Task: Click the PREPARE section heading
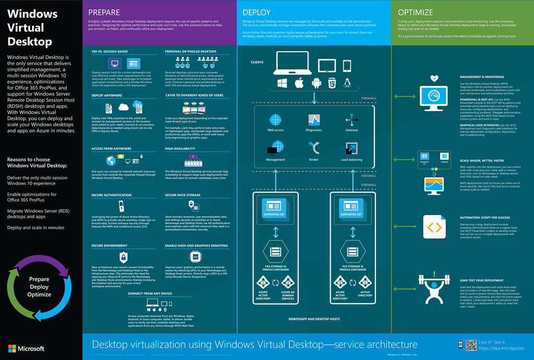(x=104, y=12)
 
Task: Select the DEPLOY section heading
(x=256, y=12)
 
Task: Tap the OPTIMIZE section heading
(x=416, y=12)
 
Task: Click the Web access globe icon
(x=275, y=120)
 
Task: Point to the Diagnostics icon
(x=314, y=120)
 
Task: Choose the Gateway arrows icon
(x=351, y=121)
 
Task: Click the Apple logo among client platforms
(x=299, y=83)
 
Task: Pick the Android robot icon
(x=315, y=83)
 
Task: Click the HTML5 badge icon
(x=332, y=83)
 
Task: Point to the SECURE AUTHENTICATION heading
(x=111, y=195)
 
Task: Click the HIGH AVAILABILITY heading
(x=180, y=149)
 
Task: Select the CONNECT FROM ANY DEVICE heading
(x=151, y=294)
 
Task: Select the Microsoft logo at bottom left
(x=26, y=349)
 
